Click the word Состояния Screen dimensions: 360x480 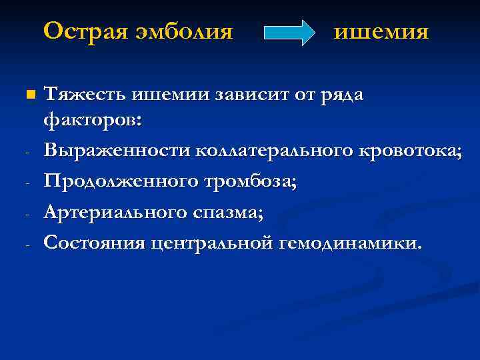(x=94, y=242)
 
